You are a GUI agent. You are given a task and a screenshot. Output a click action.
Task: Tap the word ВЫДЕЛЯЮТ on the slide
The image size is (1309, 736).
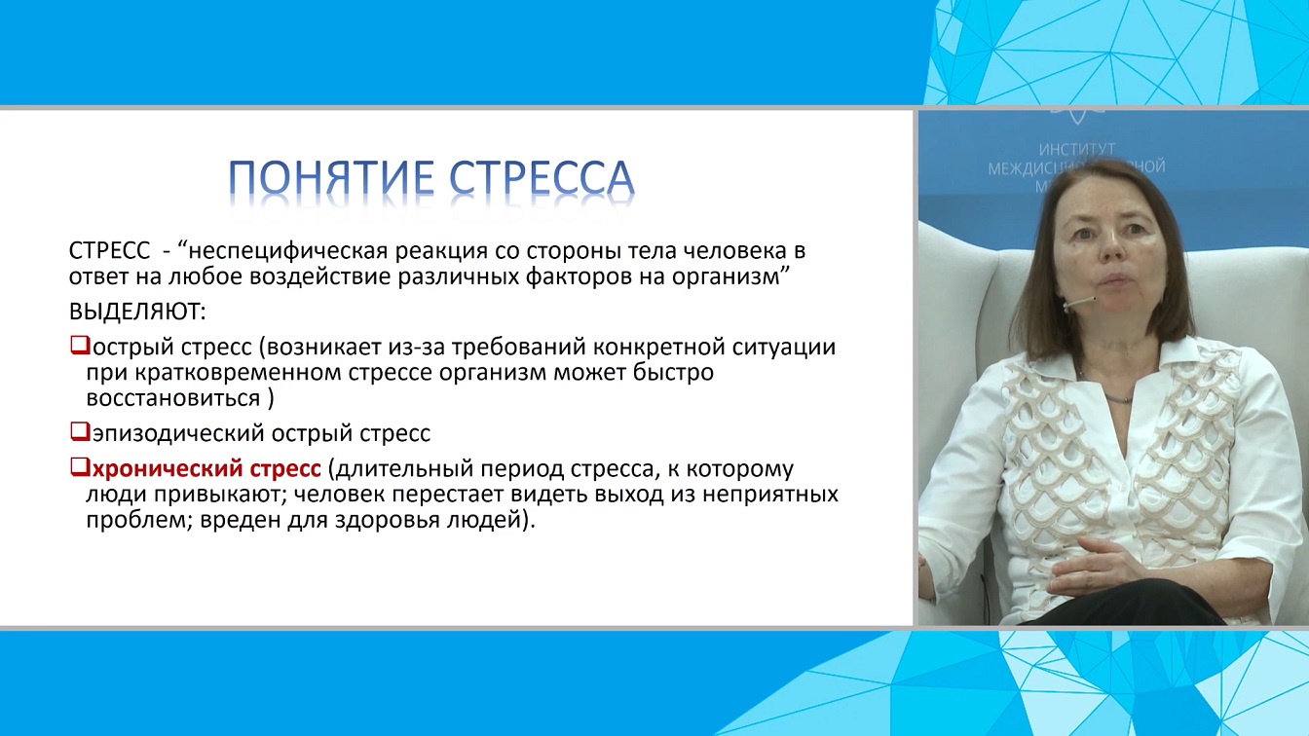coord(137,312)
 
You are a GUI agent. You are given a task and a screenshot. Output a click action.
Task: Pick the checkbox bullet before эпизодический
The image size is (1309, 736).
coord(80,431)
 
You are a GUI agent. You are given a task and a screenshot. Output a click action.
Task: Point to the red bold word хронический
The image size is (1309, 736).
coord(168,468)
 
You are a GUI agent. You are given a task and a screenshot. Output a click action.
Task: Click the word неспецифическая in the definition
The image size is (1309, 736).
coord(289,251)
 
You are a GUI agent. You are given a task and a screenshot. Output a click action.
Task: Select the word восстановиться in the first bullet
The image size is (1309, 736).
coord(173,398)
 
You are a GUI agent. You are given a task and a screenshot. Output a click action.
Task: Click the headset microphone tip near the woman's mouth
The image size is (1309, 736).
coord(1094,299)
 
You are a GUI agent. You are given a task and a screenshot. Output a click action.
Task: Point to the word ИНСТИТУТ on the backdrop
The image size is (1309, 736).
coord(1077,150)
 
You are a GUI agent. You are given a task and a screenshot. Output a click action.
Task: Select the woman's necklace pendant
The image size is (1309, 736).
coord(1118,398)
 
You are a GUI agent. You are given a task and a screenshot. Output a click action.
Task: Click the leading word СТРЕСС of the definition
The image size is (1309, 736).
coord(110,251)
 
